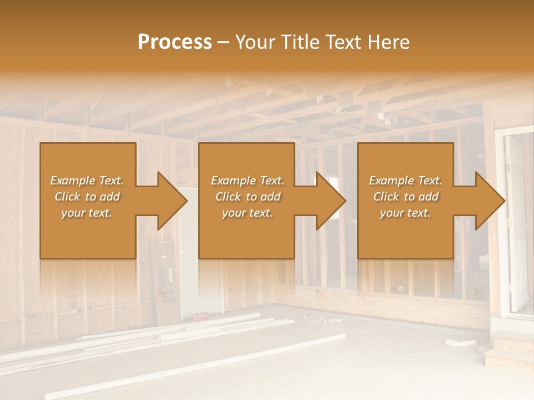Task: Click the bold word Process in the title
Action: pos(175,42)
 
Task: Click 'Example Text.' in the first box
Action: pos(87,181)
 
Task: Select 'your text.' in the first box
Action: pos(87,213)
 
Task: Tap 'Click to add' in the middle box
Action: pos(248,197)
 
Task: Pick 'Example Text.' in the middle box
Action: pos(248,181)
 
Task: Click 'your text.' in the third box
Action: pos(406,213)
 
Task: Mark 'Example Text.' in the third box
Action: pos(406,181)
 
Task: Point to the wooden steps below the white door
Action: pos(507,350)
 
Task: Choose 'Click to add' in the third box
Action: pos(406,197)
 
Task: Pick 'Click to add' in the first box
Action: pos(87,197)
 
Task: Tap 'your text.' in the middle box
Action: pos(248,213)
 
